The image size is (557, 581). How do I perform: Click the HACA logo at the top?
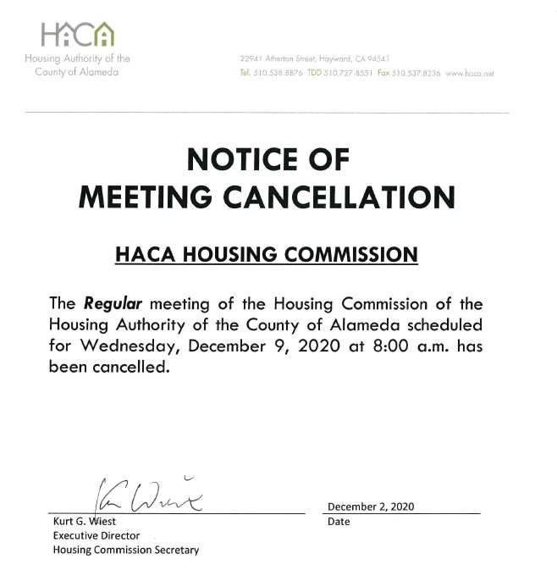pyautogui.click(x=77, y=35)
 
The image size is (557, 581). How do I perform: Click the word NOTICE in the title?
pyautogui.click(x=242, y=160)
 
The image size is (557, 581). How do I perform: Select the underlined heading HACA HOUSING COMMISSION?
pyautogui.click(x=266, y=253)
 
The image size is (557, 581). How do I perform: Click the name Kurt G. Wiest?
pyautogui.click(x=85, y=522)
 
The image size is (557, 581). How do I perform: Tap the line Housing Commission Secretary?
pyautogui.click(x=126, y=550)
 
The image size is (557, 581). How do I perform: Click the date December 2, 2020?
pyautogui.click(x=371, y=506)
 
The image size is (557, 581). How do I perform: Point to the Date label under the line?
pyautogui.click(x=339, y=522)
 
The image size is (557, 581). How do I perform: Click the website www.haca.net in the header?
pyautogui.click(x=469, y=74)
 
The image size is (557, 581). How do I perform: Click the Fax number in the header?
pyautogui.click(x=421, y=74)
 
